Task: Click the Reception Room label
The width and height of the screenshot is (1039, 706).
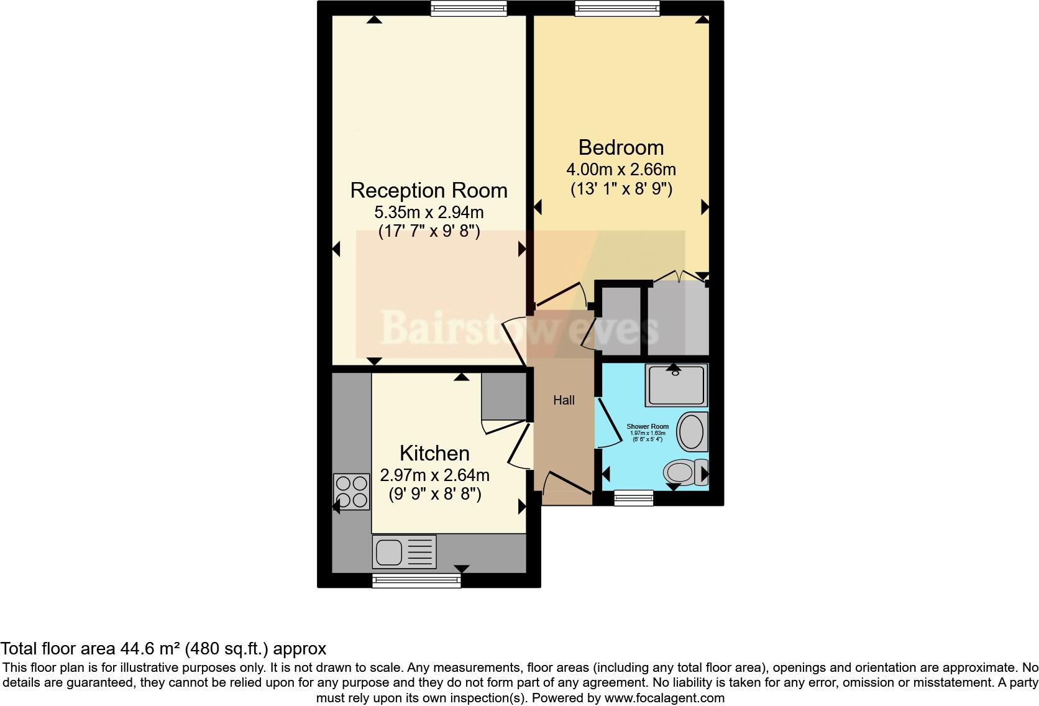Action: [429, 190]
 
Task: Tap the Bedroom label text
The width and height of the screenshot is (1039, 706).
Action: [621, 148]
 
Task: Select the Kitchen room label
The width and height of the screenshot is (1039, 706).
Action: [434, 453]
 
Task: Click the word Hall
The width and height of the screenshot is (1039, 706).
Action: [564, 400]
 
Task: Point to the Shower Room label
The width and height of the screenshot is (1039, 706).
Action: [648, 427]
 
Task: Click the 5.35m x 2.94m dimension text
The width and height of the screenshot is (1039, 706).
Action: [429, 213]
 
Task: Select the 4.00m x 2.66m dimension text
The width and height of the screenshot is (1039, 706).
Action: [621, 170]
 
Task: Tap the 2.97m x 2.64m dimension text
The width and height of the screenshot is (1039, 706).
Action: [434, 475]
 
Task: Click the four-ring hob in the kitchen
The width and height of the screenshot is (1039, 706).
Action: [351, 492]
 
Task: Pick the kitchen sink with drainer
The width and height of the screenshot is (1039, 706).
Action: [404, 552]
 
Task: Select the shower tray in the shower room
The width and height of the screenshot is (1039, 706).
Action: [676, 385]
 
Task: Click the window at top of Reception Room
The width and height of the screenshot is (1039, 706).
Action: [469, 7]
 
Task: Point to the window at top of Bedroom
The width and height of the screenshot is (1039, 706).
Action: [617, 7]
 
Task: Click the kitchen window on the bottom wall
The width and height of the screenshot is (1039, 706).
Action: [416, 580]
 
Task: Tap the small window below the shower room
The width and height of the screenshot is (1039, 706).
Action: [633, 498]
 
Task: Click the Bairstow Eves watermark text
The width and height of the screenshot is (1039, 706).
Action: [519, 328]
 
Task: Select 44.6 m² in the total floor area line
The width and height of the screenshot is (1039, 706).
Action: [150, 649]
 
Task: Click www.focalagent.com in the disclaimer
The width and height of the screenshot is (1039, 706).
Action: [664, 698]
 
